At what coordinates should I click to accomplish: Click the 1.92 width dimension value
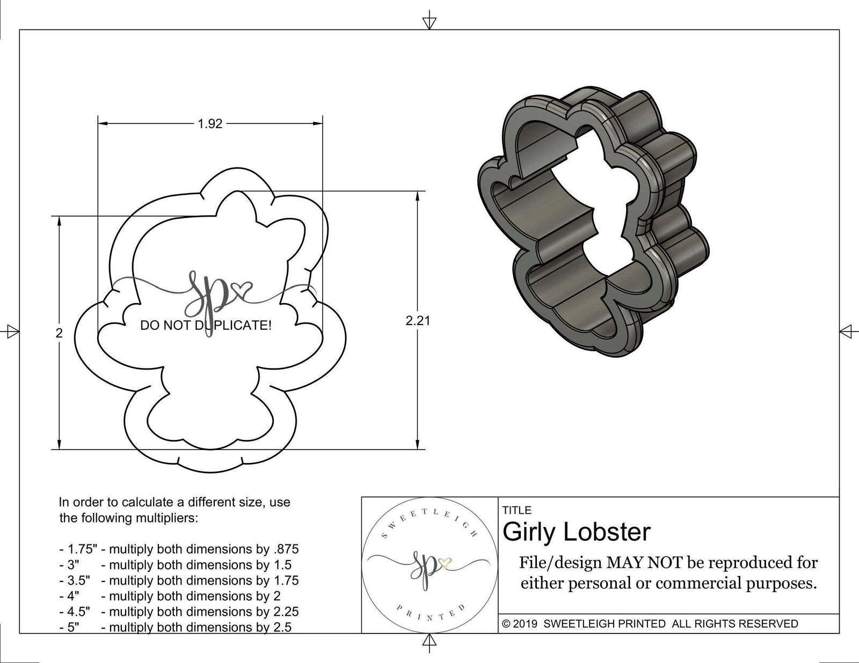(x=210, y=124)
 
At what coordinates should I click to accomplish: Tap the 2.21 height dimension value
(x=418, y=321)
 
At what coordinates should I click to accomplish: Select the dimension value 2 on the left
(x=59, y=333)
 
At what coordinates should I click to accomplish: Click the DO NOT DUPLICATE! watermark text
(x=206, y=325)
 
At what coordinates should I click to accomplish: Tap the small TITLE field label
(x=517, y=510)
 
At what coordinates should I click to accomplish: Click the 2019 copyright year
(x=527, y=624)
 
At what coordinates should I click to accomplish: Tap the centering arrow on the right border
(x=847, y=331)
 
